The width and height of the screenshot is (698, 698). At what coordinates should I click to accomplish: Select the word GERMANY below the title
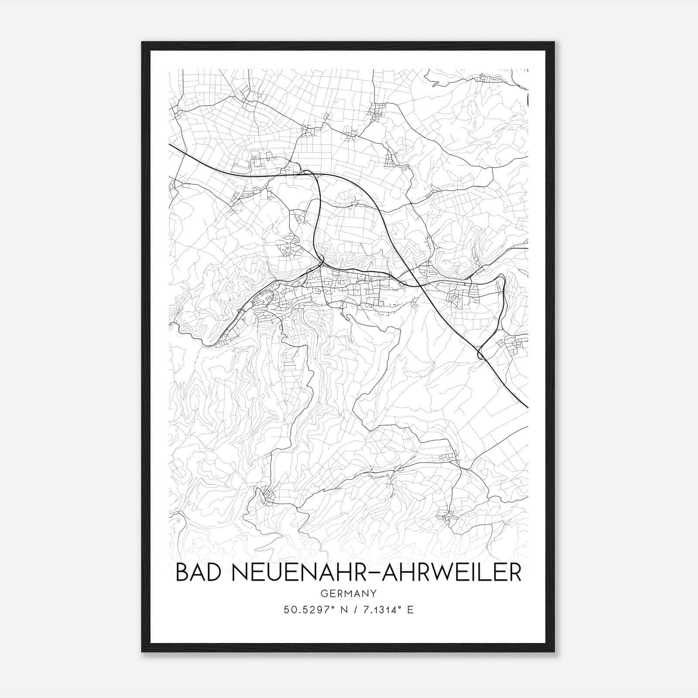point(349,593)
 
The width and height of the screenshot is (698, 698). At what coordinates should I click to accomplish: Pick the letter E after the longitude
point(410,610)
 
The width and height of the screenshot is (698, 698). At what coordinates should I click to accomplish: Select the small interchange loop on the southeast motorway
point(481,354)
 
